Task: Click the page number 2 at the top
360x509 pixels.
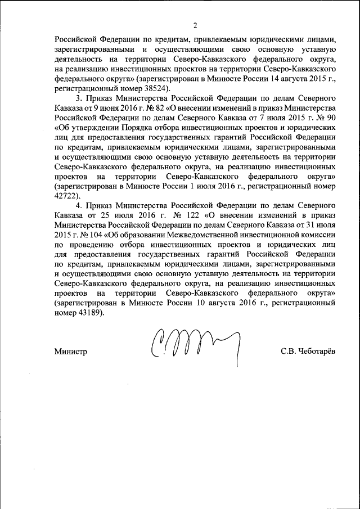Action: pyautogui.click(x=195, y=25)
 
